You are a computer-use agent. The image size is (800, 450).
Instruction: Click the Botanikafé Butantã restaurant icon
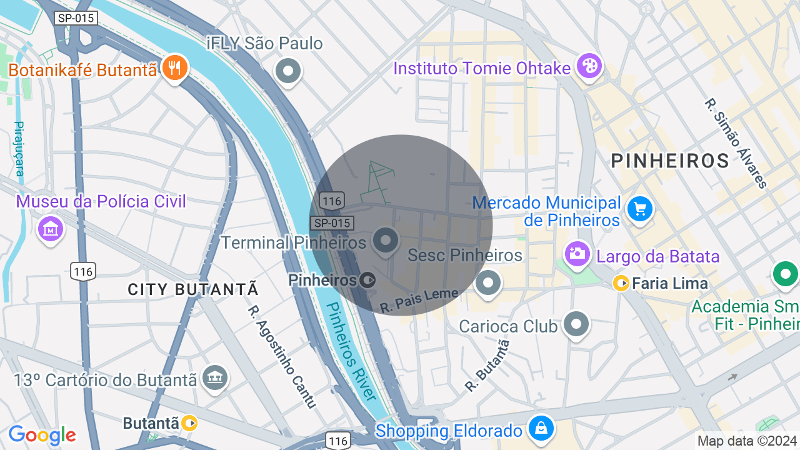click(x=175, y=67)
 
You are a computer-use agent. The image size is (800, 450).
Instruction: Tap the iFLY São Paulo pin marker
click(x=288, y=71)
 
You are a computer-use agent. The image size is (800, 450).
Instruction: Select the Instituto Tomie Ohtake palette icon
click(x=589, y=66)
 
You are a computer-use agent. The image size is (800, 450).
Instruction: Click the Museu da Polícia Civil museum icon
click(x=51, y=229)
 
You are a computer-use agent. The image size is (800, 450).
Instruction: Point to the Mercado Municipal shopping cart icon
click(x=639, y=209)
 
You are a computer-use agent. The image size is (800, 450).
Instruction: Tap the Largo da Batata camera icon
click(x=577, y=253)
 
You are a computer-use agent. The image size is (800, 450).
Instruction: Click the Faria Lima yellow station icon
click(x=621, y=283)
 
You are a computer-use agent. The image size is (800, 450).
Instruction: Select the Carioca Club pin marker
click(x=576, y=324)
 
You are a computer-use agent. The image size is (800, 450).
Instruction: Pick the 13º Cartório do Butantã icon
click(x=216, y=376)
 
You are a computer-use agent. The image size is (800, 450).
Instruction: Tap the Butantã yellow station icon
click(x=189, y=423)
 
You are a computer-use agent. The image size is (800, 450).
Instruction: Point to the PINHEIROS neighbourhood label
click(x=670, y=161)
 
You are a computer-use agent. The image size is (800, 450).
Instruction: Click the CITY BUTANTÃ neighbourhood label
click(x=193, y=289)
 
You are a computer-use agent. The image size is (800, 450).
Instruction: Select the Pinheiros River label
click(x=352, y=351)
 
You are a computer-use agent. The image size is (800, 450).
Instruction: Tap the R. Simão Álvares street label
click(x=736, y=143)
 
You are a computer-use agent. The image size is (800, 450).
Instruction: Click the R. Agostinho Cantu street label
click(x=282, y=356)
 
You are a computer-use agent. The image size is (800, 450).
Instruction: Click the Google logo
click(x=42, y=435)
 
